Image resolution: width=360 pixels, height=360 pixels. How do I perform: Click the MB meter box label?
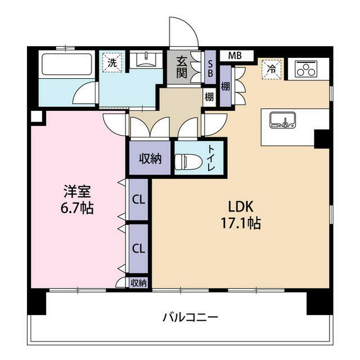coord(235,56)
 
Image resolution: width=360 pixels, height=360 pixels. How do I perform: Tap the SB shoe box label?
coord(209,68)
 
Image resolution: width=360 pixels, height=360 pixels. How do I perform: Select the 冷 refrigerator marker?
coord(272,70)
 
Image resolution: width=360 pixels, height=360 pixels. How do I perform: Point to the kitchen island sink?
coord(282,120)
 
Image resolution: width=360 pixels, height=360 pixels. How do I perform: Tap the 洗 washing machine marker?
coord(112,63)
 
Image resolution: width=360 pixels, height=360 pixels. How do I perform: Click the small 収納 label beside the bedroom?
coord(138,283)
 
